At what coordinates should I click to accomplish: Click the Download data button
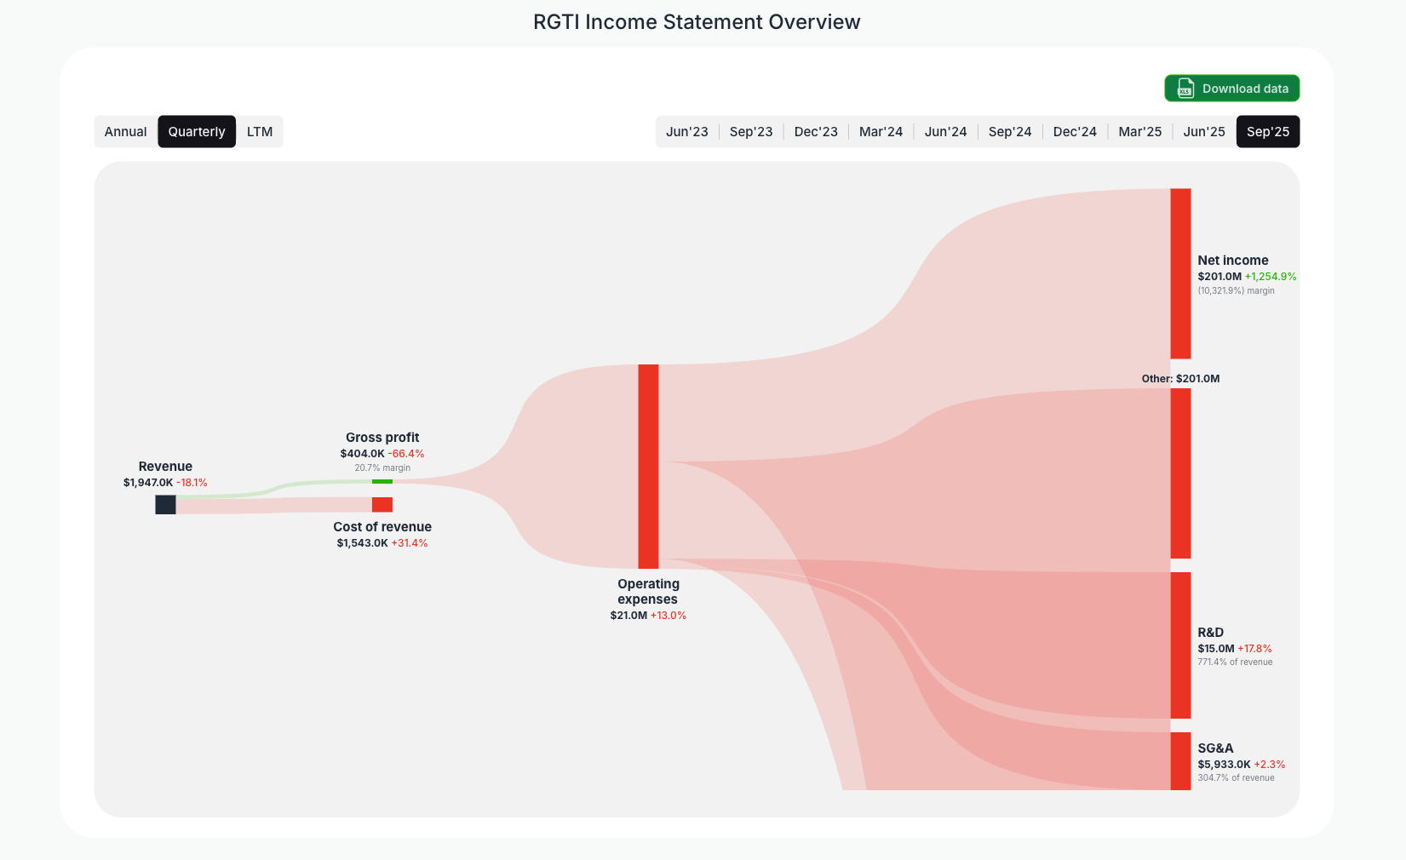1231,89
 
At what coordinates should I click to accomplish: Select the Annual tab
126,132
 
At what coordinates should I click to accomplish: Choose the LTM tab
260,132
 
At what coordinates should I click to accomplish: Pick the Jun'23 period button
686,132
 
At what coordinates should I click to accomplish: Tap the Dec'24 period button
1075,132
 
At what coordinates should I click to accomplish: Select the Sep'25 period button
1267,132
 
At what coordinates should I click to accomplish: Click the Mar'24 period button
881,132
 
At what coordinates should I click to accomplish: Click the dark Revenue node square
165,505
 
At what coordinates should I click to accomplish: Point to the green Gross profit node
382,482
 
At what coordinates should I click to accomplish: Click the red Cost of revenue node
382,505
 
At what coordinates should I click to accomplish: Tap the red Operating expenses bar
648,467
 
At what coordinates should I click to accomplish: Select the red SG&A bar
1180,760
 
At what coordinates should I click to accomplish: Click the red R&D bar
1180,645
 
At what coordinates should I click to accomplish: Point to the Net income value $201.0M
1219,277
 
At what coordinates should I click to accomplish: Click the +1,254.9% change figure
1271,277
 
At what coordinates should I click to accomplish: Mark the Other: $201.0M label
1180,379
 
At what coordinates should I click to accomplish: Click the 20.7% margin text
382,468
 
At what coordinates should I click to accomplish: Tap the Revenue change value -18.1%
192,483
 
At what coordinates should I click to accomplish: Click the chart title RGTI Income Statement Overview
697,22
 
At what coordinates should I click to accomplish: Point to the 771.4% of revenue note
1235,662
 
